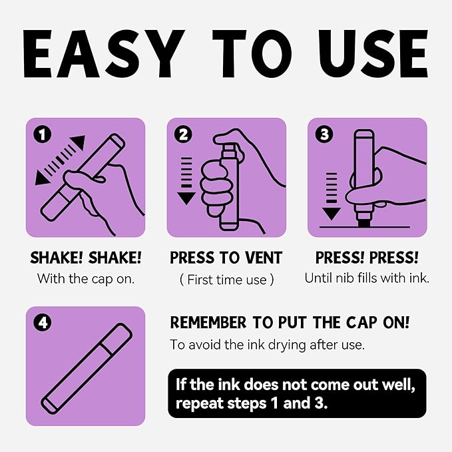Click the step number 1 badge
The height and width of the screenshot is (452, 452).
(43, 134)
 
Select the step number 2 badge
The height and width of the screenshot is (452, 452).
(183, 134)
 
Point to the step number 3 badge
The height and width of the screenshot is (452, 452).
(324, 134)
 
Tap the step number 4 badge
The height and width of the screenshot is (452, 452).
(43, 323)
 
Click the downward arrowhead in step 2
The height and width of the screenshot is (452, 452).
(186, 198)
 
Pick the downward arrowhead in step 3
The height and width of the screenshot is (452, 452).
(332, 214)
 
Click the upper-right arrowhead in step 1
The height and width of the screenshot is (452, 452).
(79, 142)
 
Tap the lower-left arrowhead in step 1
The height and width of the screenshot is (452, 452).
(41, 178)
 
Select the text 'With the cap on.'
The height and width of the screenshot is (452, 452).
(86, 279)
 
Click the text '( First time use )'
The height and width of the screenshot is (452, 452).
(226, 280)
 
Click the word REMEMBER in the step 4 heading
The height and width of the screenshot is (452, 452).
(208, 323)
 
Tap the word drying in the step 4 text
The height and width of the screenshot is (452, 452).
(287, 345)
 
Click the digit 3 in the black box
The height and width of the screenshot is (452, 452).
(319, 403)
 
